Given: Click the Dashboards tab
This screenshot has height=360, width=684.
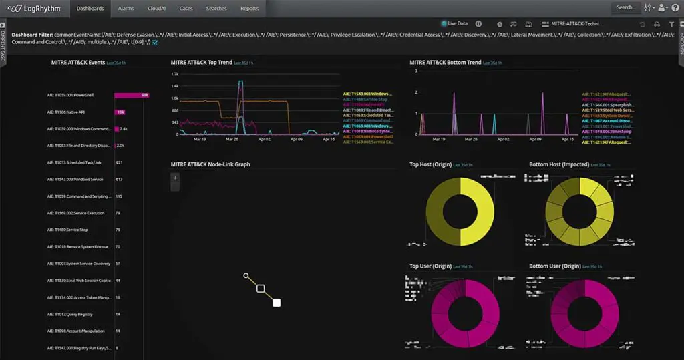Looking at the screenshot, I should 90,9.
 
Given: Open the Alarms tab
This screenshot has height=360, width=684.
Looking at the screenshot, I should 126,9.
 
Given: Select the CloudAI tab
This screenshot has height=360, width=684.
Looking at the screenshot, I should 158,9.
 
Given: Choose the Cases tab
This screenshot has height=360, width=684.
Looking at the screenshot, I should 186,9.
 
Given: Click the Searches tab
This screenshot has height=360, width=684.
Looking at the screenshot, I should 216,9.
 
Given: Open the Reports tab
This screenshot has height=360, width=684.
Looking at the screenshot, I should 249,9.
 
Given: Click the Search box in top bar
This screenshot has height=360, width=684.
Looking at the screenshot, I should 626,8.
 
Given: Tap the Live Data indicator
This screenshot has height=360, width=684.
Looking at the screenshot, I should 456,23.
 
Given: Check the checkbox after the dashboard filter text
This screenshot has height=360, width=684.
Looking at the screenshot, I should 155,43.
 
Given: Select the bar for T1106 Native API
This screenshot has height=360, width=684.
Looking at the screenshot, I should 120,112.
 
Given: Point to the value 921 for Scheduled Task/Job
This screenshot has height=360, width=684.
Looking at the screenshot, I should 119,162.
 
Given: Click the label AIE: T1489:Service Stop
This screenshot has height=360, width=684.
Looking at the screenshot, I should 67,230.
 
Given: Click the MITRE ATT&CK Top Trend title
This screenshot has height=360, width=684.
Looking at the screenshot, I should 201,63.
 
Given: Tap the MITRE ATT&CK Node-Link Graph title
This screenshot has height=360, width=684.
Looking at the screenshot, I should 210,164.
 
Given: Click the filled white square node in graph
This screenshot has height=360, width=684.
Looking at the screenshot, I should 277,303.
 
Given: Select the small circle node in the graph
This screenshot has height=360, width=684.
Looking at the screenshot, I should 246,275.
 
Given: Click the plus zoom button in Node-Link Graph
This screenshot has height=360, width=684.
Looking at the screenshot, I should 175,178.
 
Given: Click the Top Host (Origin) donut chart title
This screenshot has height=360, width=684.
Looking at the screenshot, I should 430,164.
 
